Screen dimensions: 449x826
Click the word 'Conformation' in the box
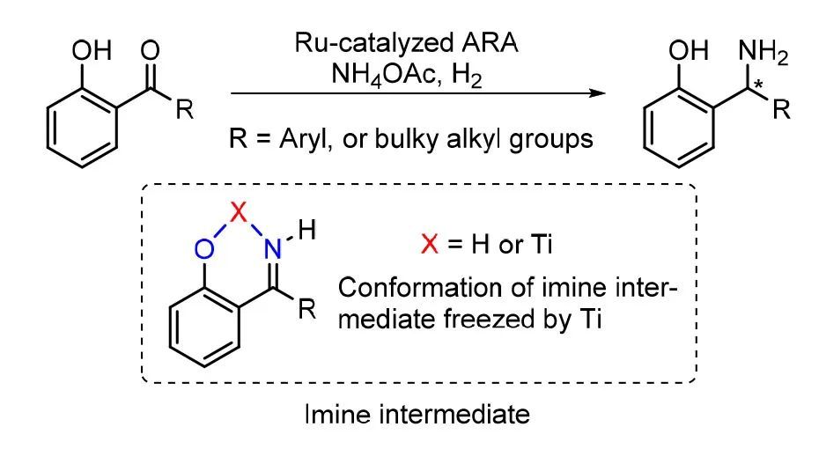pyautogui.click(x=407, y=286)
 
